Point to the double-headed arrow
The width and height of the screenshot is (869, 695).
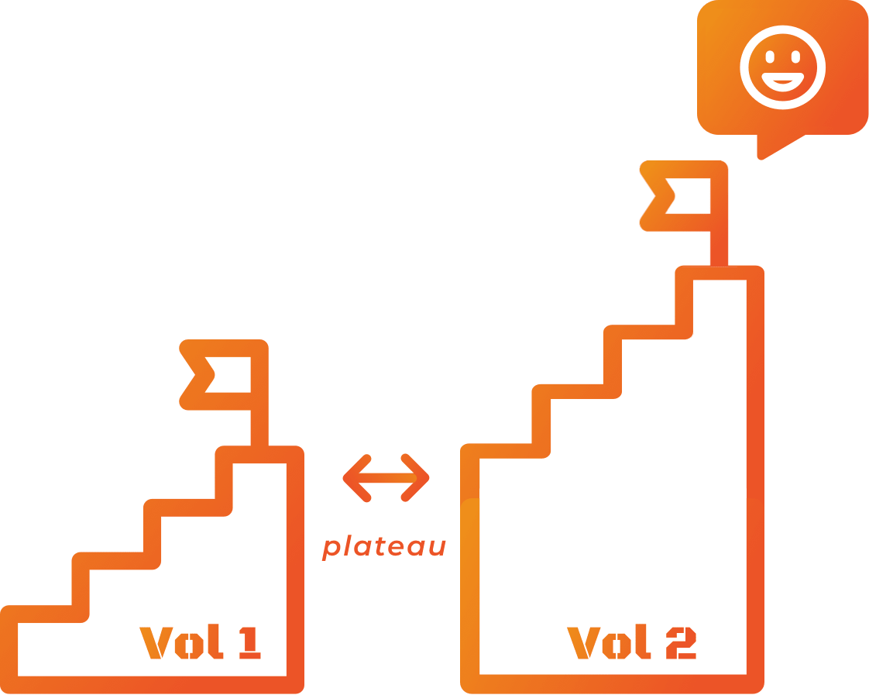(386, 478)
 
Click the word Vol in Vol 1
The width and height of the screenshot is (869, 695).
(173, 642)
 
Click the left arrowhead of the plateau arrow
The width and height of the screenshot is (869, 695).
(352, 478)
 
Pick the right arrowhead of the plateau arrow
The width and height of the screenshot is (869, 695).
(421, 478)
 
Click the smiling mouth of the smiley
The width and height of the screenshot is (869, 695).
(782, 81)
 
